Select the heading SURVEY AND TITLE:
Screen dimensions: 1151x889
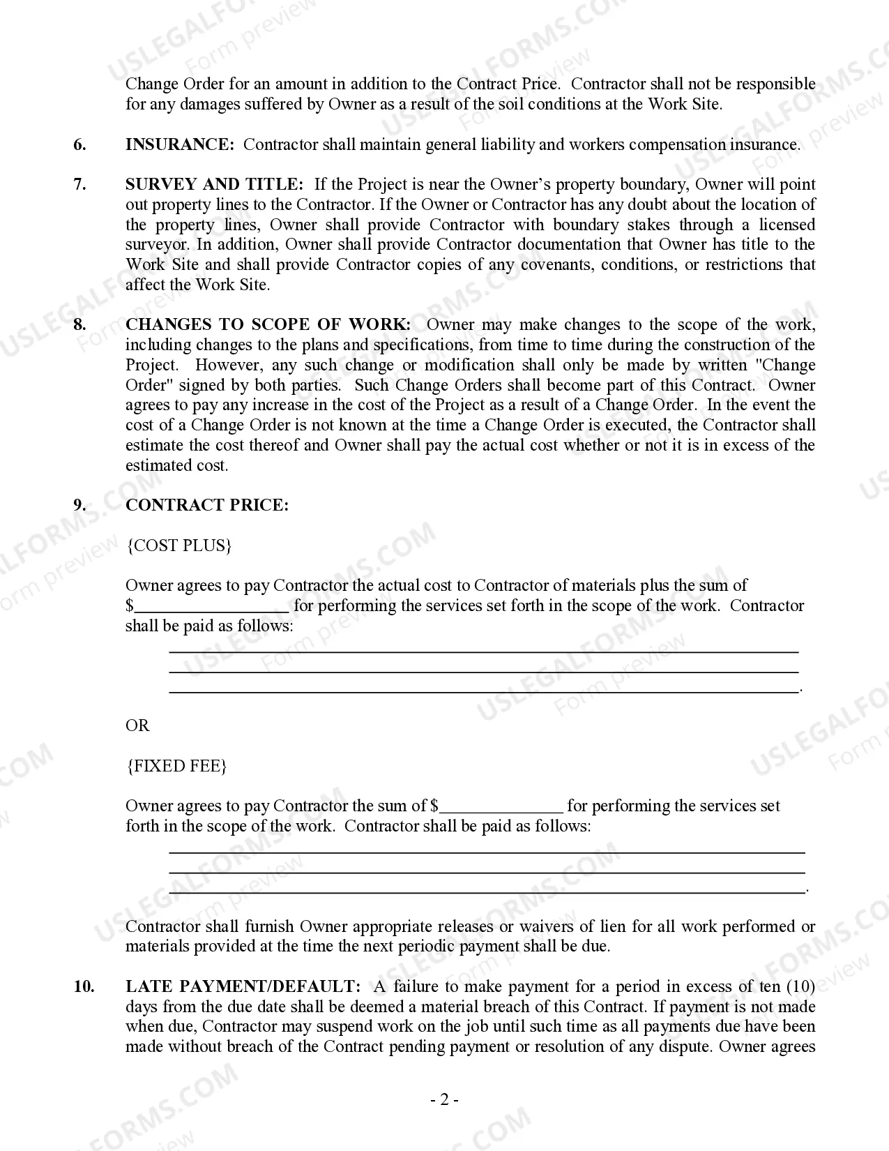214,184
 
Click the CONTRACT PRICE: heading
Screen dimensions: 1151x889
206,506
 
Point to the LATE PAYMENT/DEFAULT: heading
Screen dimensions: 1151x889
243,986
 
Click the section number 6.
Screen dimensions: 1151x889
80,144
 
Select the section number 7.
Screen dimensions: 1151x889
80,184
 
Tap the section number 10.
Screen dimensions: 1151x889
84,986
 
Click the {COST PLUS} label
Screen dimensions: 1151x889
178,546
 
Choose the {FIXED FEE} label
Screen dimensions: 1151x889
176,766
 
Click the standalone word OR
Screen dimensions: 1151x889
137,725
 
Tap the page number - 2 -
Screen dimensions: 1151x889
444,1100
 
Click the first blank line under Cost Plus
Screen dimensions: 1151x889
484,651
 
